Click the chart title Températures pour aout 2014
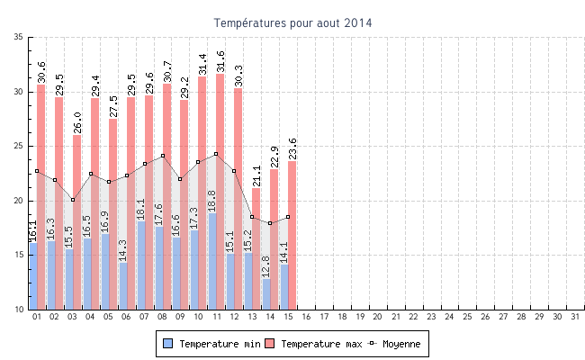pos(292,22)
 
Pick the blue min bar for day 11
pos(212,261)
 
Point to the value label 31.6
pos(220,59)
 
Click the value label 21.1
pos(256,175)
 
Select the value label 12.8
pos(267,265)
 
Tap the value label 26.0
pos(77,121)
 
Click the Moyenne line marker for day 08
pos(163,156)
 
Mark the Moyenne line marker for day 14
pos(270,223)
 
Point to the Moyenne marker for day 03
pos(73,200)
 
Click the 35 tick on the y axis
pos(19,37)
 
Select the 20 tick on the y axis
pos(19,201)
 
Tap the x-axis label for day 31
pos(574,317)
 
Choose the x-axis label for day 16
pos(306,317)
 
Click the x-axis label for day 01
pos(37,317)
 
